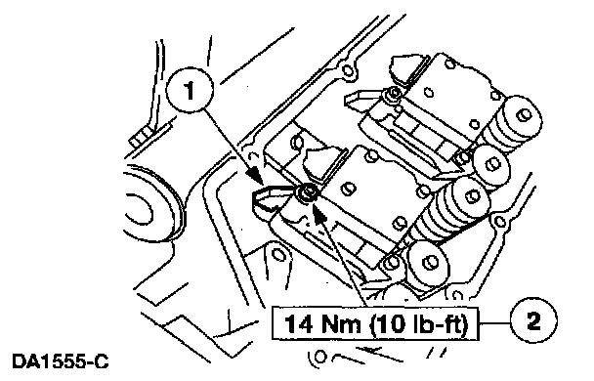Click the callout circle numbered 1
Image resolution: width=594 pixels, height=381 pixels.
(x=190, y=91)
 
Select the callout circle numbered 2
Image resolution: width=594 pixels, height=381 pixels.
(x=533, y=321)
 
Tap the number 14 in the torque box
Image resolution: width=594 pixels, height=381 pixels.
(x=299, y=324)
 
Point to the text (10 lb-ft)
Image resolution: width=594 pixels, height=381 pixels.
(x=419, y=324)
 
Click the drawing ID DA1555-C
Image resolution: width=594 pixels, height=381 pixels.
(x=61, y=361)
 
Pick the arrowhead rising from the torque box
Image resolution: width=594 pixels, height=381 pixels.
(x=320, y=214)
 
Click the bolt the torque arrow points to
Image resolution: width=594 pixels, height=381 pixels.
(x=306, y=192)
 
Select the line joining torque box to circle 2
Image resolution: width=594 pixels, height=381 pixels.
(x=494, y=323)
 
